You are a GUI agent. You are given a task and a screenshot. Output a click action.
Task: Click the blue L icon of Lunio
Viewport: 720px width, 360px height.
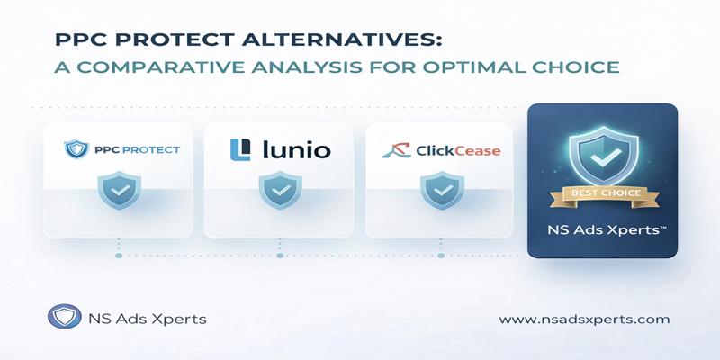pos(238,149)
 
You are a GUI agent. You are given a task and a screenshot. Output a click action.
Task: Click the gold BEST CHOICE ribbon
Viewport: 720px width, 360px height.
pos(601,192)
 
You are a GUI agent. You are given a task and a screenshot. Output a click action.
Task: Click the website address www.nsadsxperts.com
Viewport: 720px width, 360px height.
pos(584,319)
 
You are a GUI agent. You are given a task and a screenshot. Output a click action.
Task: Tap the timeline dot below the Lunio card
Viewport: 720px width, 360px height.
pos(280,256)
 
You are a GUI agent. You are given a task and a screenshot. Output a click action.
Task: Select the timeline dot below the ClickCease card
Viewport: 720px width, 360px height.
pos(441,256)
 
